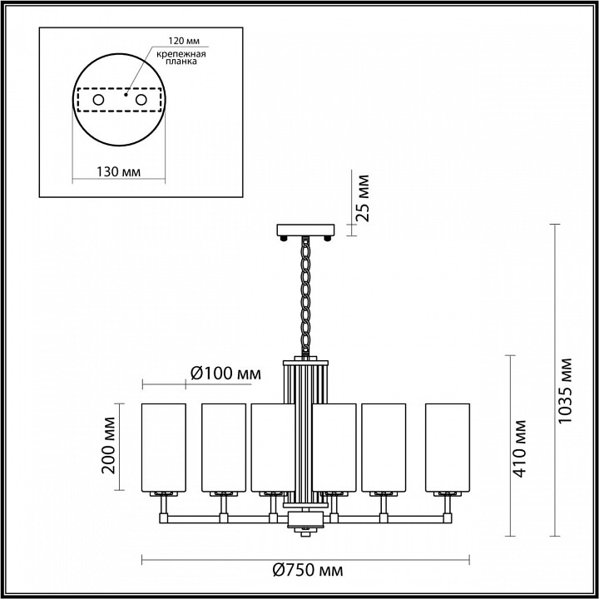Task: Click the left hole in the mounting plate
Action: pyautogui.click(x=97, y=101)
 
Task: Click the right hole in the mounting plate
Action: pyautogui.click(x=141, y=101)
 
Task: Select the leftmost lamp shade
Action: pyautogui.click(x=165, y=447)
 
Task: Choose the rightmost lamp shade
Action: pyautogui.click(x=448, y=447)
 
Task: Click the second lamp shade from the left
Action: pyautogui.click(x=223, y=447)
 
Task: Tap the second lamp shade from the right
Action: pyautogui.click(x=384, y=447)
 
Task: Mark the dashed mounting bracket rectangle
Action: pyautogui.click(x=119, y=101)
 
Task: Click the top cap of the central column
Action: pyautogui.click(x=307, y=362)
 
